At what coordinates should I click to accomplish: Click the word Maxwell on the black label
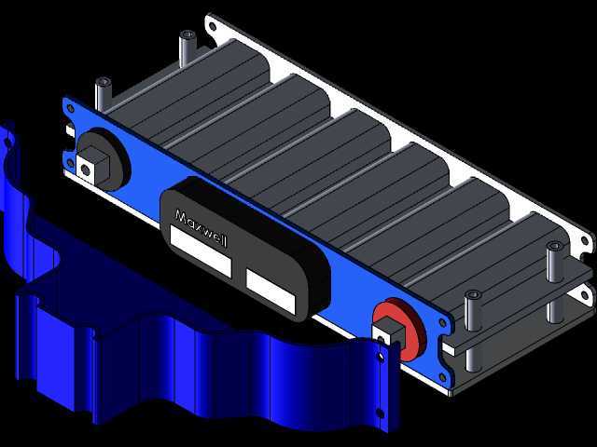point(201,228)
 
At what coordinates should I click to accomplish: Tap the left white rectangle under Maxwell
point(201,251)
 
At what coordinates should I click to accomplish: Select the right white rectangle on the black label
point(271,291)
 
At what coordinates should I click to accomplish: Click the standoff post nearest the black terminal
point(103,94)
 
